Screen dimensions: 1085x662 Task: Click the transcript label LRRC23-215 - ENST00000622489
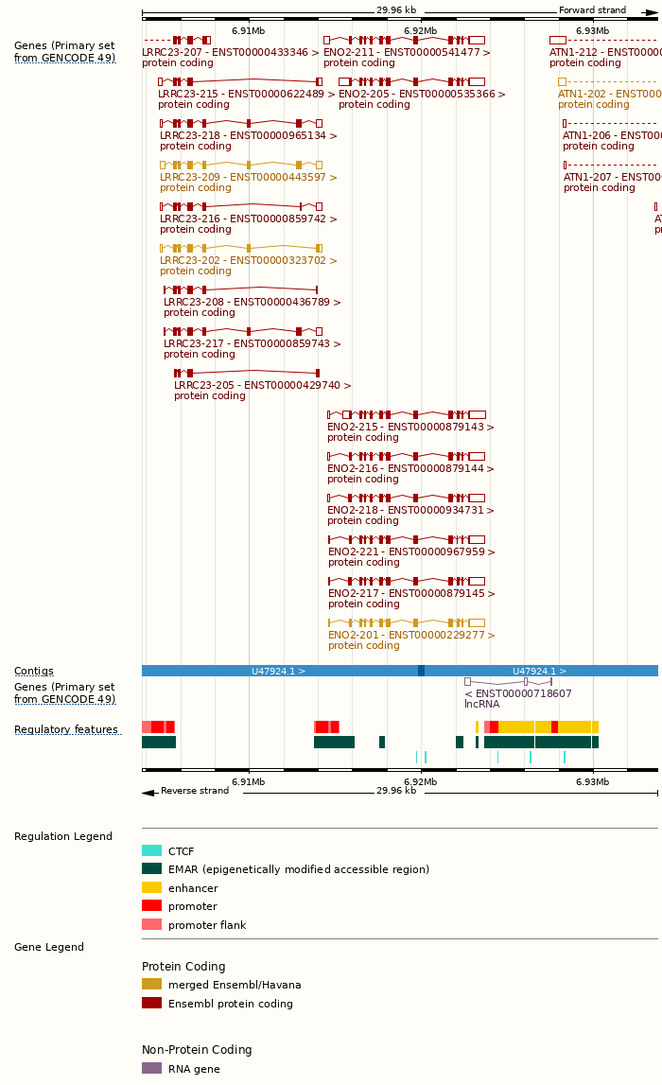[x=242, y=94]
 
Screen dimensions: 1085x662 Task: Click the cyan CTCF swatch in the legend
[x=151, y=850]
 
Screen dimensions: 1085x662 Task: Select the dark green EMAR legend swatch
[x=151, y=868]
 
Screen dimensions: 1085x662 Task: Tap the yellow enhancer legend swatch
[x=151, y=887]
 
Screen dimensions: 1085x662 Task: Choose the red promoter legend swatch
[x=151, y=905]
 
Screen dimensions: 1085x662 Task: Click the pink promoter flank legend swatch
[x=151, y=924]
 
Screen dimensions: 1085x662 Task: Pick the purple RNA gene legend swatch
[x=151, y=1068]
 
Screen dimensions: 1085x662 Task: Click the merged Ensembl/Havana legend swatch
[x=151, y=984]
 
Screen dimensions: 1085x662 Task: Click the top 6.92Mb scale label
[x=420, y=31]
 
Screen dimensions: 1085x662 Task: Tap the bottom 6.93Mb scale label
[x=592, y=781]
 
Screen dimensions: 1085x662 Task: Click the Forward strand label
[x=592, y=10]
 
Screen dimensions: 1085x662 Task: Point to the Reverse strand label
[x=194, y=791]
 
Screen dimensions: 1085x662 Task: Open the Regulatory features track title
[x=66, y=729]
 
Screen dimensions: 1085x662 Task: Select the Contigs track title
[x=34, y=671]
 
